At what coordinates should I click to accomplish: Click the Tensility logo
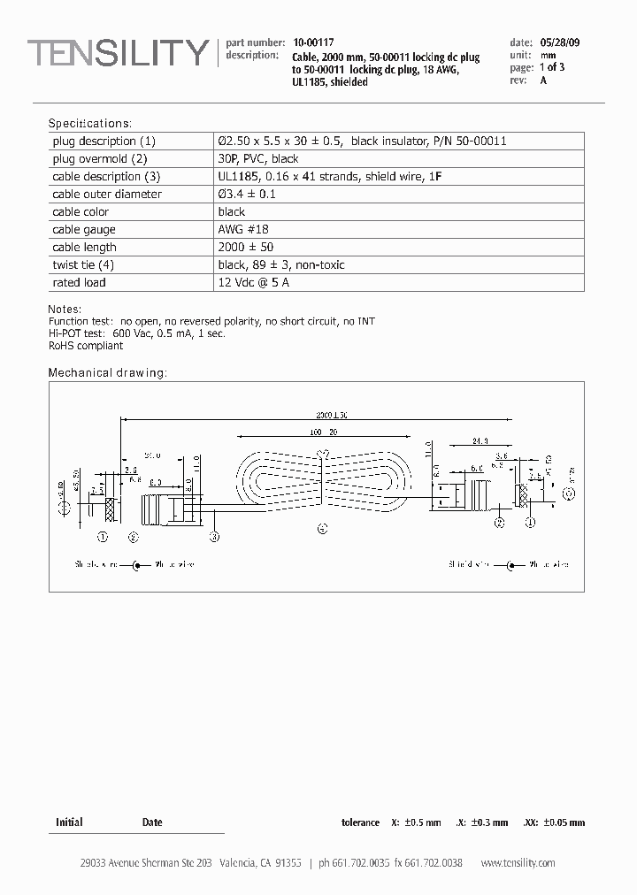[118, 54]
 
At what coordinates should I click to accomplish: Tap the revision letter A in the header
[543, 80]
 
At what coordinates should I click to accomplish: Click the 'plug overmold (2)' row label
[99, 158]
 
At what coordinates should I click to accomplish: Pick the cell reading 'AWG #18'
[238, 229]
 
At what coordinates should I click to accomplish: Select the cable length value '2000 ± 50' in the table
[246, 247]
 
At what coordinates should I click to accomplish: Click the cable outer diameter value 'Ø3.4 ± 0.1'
[247, 194]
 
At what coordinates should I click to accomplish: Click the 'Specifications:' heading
[89, 124]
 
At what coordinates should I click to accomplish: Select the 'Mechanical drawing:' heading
[107, 372]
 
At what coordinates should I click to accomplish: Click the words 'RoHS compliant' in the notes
[86, 346]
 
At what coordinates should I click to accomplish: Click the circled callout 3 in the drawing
[214, 536]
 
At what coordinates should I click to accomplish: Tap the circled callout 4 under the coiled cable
[322, 529]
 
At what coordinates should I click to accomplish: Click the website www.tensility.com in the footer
[518, 862]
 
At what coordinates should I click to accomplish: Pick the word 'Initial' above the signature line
[69, 822]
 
